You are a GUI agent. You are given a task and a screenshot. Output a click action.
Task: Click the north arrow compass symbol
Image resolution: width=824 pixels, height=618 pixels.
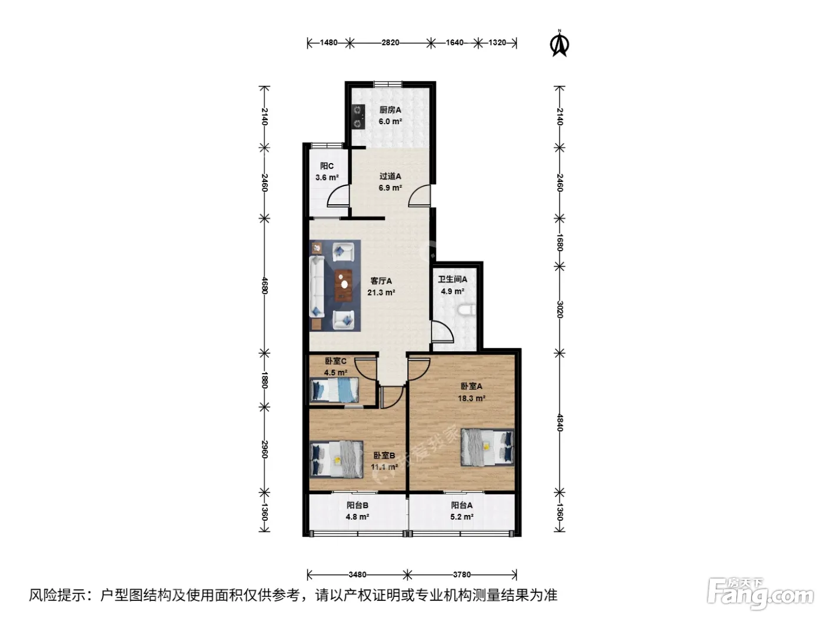[x=559, y=44]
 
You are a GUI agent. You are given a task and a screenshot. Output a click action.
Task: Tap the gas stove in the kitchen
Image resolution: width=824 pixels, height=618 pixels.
[x=358, y=117]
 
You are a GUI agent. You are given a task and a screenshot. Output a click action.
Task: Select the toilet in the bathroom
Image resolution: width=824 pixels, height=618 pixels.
[x=468, y=310]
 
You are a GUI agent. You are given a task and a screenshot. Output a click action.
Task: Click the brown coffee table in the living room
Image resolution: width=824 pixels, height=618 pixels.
[x=344, y=285]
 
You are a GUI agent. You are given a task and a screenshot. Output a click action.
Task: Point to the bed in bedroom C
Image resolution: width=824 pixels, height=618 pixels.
[x=334, y=390]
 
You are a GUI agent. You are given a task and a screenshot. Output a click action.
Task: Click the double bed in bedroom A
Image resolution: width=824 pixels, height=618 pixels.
[x=487, y=447]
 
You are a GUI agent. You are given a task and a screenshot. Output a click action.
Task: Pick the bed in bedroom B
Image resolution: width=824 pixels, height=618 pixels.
[x=336, y=460]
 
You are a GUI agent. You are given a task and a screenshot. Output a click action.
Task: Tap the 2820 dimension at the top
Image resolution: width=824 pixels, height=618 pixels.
[x=390, y=43]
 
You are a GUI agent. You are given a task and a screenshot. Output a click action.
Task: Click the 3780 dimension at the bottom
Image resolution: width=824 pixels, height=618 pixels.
[x=462, y=574]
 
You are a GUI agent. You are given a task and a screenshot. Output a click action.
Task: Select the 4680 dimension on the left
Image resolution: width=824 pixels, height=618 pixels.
[x=265, y=285]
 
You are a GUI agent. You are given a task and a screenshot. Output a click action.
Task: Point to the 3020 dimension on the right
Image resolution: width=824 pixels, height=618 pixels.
[x=560, y=309]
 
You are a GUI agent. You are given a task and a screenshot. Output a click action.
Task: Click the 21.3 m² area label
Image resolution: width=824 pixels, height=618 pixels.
[x=381, y=293]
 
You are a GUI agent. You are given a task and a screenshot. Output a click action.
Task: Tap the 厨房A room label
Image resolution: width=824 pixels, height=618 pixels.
[x=390, y=110]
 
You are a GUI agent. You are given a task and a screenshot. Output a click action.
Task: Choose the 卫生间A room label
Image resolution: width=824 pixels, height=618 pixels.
[x=453, y=279]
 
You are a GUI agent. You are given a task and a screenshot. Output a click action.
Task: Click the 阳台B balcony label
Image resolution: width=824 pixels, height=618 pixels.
[x=357, y=506]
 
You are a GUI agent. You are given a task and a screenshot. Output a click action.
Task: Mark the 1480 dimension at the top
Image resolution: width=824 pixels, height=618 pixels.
[x=328, y=43]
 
